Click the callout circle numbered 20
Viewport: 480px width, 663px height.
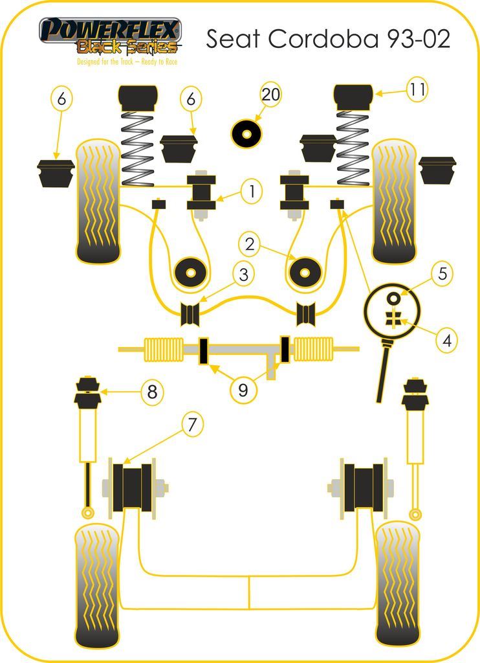271,95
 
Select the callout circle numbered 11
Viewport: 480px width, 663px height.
417,90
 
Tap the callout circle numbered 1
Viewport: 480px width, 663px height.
252,190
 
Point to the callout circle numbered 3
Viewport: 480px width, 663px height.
243,275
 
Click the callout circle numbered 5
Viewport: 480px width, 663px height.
442,273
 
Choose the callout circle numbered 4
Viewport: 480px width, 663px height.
446,339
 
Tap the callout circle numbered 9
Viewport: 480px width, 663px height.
243,390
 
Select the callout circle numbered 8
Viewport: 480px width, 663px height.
152,392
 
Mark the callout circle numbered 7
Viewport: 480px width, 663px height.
191,425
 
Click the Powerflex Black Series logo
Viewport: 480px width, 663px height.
111,38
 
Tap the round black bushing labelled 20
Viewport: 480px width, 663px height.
246,134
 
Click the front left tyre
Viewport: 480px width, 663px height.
98,201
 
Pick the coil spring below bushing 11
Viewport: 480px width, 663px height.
353,148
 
